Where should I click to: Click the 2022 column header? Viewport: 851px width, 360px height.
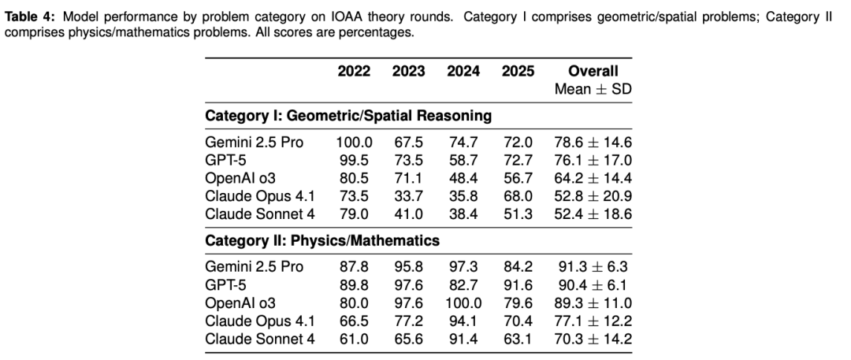[x=355, y=72]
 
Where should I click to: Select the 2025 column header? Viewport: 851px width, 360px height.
[x=517, y=72]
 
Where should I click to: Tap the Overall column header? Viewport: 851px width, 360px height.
[x=593, y=72]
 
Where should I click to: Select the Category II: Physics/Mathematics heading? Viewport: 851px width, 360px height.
[x=322, y=239]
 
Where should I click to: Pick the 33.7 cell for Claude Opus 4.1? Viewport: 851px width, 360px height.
[x=409, y=199]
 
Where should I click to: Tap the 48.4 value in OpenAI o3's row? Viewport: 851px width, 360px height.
[x=463, y=180]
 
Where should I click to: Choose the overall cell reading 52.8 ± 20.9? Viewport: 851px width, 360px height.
[x=593, y=199]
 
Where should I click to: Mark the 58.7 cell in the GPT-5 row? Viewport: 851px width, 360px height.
[x=463, y=161]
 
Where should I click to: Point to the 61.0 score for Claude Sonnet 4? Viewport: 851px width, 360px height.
[x=355, y=340]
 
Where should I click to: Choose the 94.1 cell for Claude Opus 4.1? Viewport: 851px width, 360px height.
[x=463, y=321]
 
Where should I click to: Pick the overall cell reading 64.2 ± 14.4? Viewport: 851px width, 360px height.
[x=593, y=180]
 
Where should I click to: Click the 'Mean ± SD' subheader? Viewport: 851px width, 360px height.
[x=593, y=90]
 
